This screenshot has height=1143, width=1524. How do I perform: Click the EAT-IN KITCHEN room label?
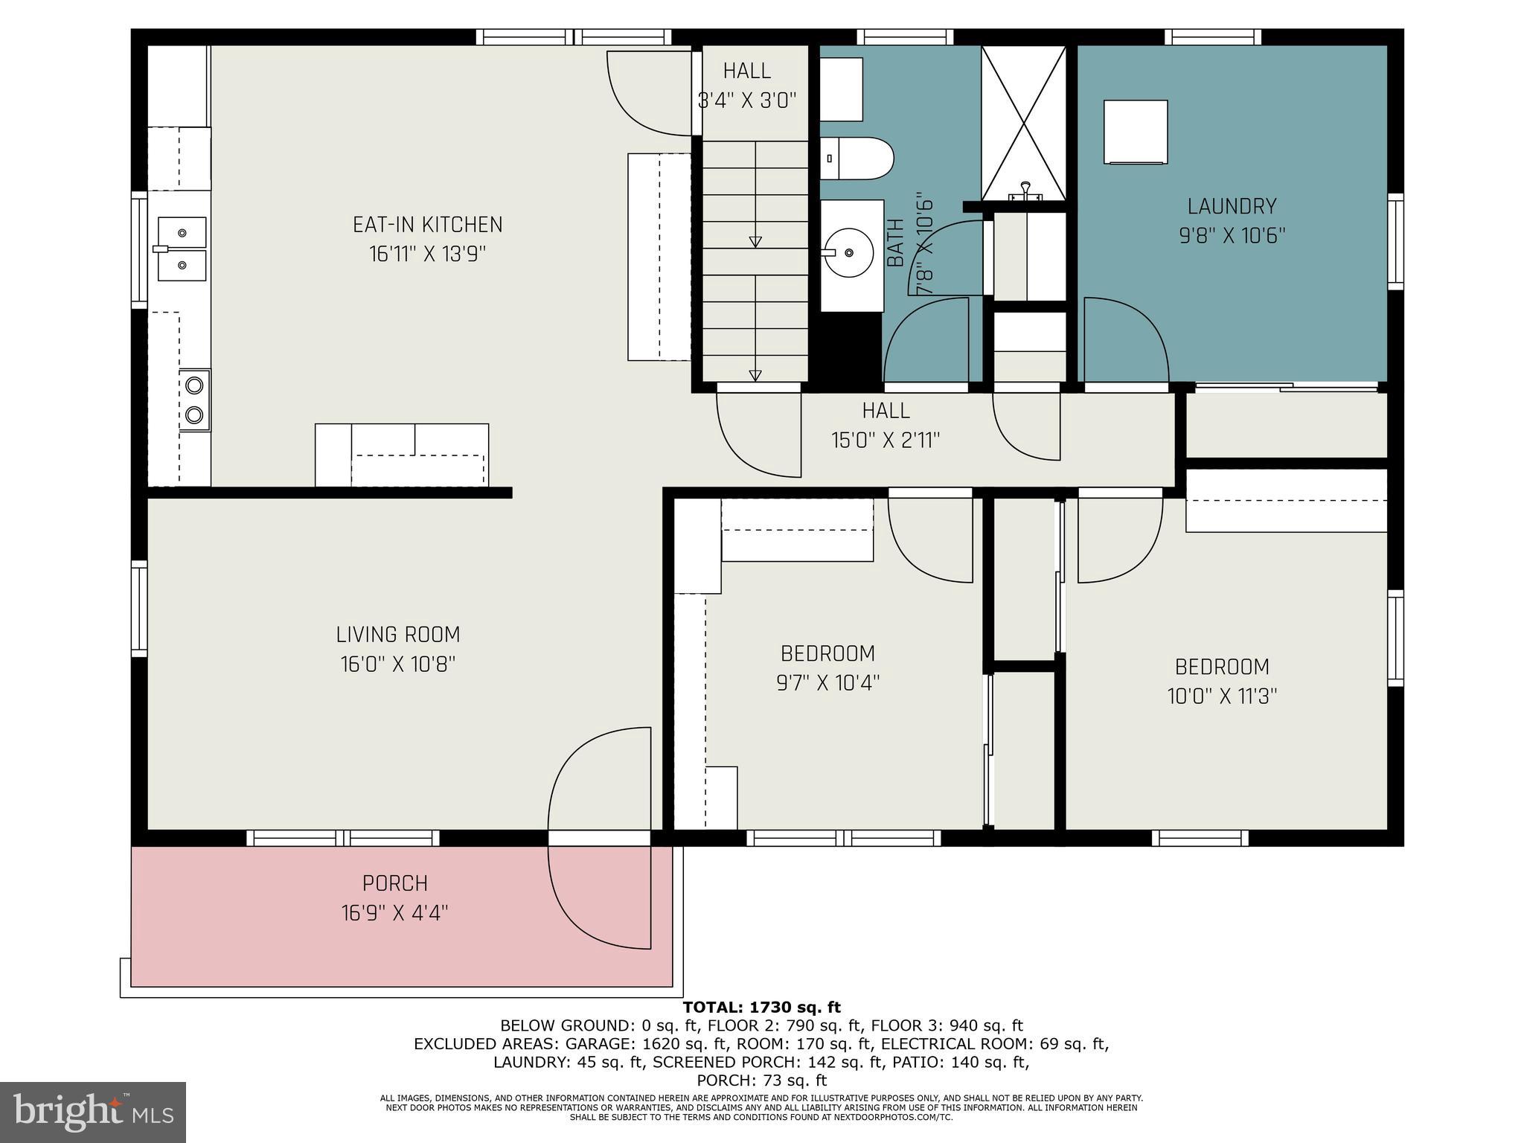pos(427,225)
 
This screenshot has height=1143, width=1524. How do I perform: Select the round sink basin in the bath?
pos(849,253)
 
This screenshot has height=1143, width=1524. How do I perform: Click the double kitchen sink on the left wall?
pos(182,249)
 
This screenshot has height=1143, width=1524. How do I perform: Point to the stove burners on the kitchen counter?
pos(195,400)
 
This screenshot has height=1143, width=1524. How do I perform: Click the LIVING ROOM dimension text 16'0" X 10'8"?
pos(397,664)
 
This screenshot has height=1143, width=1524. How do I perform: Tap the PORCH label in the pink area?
pos(394,883)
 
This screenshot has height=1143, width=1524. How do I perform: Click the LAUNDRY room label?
pos(1232,207)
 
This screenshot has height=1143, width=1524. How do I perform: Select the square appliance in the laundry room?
pos(1135,132)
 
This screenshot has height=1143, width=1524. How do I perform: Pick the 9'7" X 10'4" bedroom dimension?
pos(827,682)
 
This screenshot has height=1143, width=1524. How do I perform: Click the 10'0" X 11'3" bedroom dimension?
pos(1222,697)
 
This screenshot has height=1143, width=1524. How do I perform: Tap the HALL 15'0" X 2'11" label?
pos(886,425)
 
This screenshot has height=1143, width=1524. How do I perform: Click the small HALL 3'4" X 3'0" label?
pos(747,85)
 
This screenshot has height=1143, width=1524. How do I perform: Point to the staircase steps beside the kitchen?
pos(755,260)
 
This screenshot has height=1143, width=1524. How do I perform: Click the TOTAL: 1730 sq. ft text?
pos(761,1008)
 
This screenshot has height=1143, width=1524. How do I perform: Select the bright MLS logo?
pos(93,1112)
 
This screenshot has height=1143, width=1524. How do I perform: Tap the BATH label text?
pos(895,243)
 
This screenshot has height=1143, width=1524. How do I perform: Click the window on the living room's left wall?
pos(139,609)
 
